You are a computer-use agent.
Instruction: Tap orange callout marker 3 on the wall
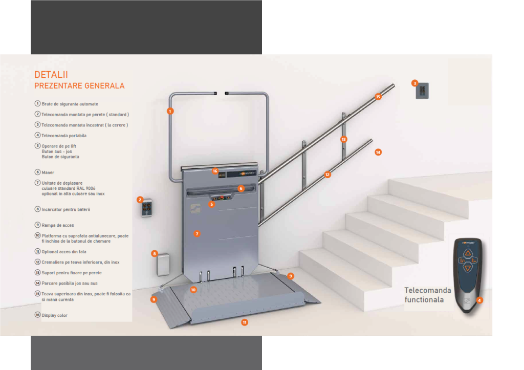click(x=415, y=83)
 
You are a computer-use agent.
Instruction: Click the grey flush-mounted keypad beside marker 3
click(x=423, y=91)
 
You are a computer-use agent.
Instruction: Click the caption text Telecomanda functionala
click(x=428, y=295)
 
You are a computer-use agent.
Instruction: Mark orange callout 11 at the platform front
click(x=245, y=322)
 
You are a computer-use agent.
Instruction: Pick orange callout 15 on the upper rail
click(x=379, y=97)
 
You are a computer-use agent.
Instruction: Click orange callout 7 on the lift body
click(x=196, y=233)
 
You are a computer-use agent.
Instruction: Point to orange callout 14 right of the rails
click(x=378, y=152)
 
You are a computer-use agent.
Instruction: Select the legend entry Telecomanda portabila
click(x=63, y=136)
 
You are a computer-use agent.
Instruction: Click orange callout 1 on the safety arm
click(x=170, y=111)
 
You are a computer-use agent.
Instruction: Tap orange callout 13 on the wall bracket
click(x=344, y=139)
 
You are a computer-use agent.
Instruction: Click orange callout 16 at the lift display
click(x=215, y=171)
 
